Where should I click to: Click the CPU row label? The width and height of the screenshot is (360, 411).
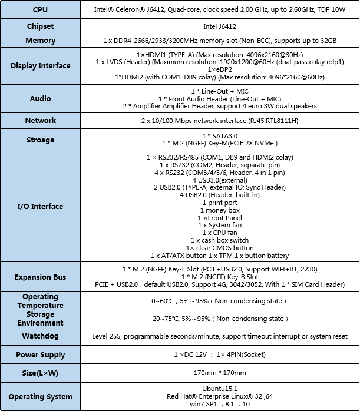pyautogui.click(x=41, y=10)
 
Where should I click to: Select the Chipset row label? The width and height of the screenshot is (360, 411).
pyautogui.click(x=41, y=26)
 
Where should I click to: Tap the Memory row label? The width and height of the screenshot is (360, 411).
pyautogui.click(x=41, y=41)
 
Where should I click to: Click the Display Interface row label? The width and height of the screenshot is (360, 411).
pyautogui.click(x=41, y=65)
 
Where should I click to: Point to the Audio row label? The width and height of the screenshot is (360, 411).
pyautogui.click(x=41, y=98)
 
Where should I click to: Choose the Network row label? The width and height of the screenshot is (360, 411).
pyautogui.click(x=41, y=120)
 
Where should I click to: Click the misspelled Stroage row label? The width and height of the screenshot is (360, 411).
pyautogui.click(x=41, y=140)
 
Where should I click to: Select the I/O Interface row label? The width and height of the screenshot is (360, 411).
pyautogui.click(x=41, y=206)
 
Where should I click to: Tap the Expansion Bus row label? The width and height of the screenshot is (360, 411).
pyautogui.click(x=41, y=277)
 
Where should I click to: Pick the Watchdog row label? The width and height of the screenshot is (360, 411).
pyautogui.click(x=41, y=336)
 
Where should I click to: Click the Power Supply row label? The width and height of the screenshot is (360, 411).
pyautogui.click(x=41, y=355)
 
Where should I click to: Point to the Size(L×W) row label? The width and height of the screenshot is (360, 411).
pyautogui.click(x=41, y=373)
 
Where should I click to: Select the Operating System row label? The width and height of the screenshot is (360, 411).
pyautogui.click(x=41, y=396)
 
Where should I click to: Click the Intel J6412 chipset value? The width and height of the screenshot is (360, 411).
pyautogui.click(x=220, y=26)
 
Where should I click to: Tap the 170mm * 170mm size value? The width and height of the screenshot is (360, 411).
pyautogui.click(x=220, y=373)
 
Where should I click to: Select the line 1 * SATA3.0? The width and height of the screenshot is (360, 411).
pyautogui.click(x=220, y=135)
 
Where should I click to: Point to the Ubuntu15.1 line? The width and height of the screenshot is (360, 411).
pyautogui.click(x=220, y=388)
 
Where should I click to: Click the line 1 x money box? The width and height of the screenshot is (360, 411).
pyautogui.click(x=220, y=210)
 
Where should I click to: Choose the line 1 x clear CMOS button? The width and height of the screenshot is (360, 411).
pyautogui.click(x=220, y=248)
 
